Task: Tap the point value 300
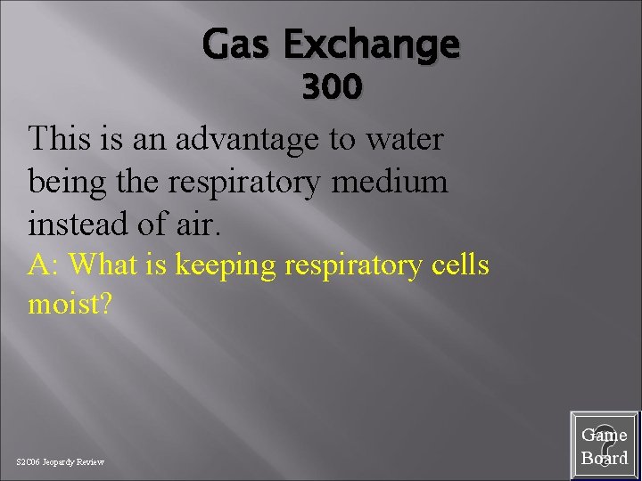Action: coord(331,88)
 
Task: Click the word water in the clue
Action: coord(406,140)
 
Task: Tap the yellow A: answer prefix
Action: coord(45,265)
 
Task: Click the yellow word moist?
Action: coord(70,305)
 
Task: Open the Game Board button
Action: coord(605,446)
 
